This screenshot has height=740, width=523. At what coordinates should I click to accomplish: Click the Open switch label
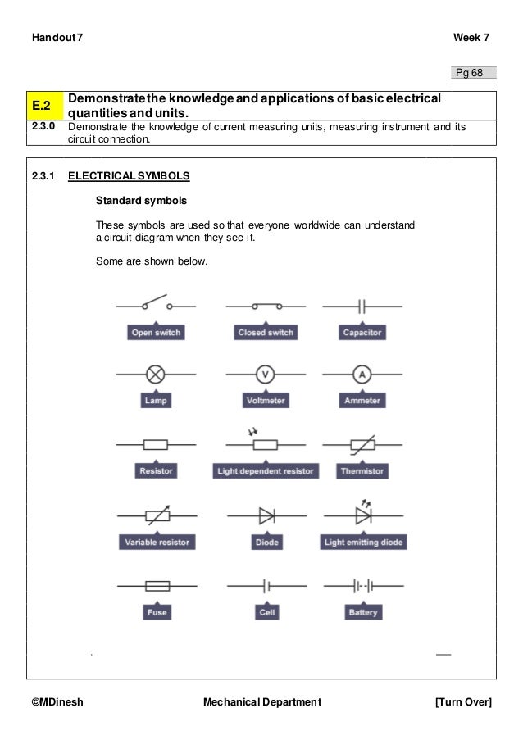(156, 333)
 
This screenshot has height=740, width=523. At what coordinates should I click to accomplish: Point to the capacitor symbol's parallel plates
(362, 306)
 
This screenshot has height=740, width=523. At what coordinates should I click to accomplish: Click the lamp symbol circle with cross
(156, 375)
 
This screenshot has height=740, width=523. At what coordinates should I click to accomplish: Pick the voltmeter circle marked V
(265, 375)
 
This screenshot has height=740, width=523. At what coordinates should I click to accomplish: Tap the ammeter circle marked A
(362, 375)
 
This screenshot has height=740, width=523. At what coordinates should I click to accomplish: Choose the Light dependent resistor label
(265, 471)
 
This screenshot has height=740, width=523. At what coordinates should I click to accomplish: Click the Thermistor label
(362, 471)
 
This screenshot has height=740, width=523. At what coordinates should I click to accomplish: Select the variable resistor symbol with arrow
(157, 515)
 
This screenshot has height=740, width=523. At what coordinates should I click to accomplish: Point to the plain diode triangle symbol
(266, 515)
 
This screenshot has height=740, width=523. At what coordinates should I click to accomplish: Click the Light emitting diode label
(363, 543)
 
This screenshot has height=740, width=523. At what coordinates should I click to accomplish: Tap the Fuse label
(156, 612)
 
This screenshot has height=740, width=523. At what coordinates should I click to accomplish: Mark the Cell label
(266, 612)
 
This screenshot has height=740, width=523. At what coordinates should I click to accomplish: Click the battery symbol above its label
(362, 586)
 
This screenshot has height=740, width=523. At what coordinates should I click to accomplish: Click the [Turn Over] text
(464, 702)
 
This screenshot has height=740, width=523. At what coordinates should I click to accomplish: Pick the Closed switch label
(265, 333)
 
